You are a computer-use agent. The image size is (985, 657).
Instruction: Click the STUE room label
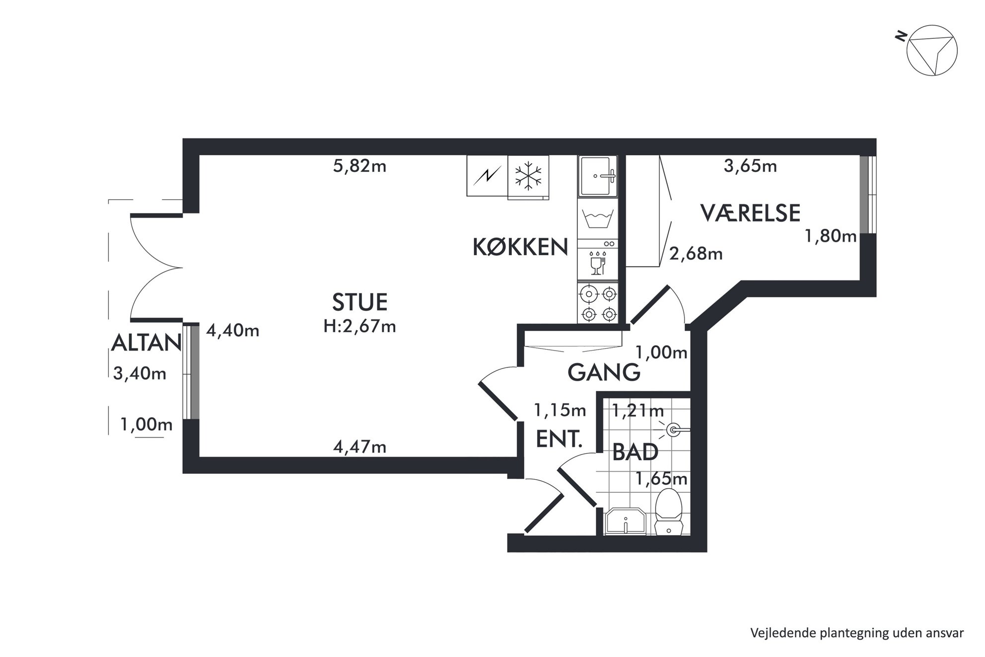[359, 302]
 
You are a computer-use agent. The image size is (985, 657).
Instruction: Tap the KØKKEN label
[520, 247]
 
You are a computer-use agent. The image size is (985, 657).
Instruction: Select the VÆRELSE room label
[750, 213]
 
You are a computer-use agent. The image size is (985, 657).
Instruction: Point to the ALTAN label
[146, 343]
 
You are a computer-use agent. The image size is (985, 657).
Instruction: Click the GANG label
[604, 372]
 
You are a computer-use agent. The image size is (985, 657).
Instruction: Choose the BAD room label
[635, 452]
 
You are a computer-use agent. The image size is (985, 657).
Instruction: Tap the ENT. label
[559, 439]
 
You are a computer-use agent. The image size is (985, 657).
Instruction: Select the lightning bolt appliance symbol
[488, 175]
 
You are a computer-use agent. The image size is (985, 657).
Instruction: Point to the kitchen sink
[598, 176]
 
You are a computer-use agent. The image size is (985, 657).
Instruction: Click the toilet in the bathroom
[669, 512]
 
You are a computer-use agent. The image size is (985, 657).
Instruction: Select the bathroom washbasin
[625, 521]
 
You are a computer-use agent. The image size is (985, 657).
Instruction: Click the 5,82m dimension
[359, 166]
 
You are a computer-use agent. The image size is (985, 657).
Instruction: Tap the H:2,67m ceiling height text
[359, 326]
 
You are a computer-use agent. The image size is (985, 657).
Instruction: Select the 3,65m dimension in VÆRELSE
[750, 166]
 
